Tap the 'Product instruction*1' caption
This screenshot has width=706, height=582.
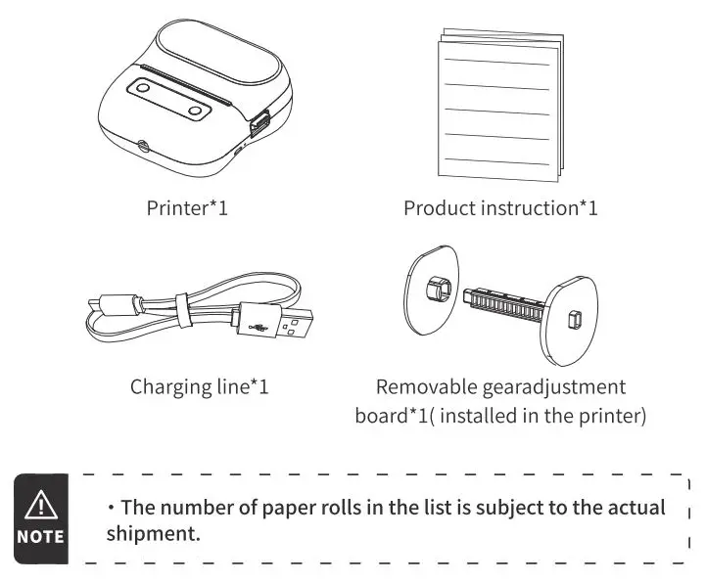point(500,207)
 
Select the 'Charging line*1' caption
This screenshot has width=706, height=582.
point(199,386)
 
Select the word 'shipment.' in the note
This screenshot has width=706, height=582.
point(152,535)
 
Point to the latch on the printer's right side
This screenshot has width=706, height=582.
point(261,123)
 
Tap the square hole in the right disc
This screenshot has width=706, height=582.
point(573,316)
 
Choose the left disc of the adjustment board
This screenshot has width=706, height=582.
point(428,291)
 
